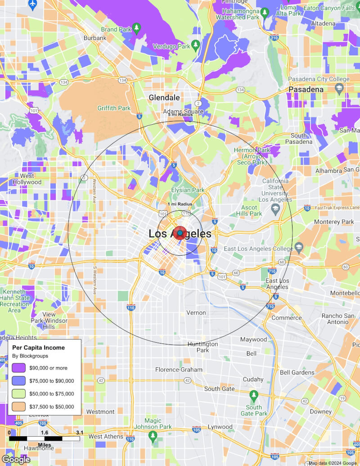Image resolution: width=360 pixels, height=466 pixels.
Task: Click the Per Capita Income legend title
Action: pos(38,348)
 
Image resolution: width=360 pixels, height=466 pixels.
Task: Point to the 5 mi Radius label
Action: pos(180,115)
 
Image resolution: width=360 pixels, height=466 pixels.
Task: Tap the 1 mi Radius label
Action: pos(180,204)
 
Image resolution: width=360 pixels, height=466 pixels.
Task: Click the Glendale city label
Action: pos(164,98)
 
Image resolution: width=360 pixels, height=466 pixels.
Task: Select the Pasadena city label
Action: pos(306,90)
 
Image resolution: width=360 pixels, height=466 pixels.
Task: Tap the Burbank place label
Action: pos(95,38)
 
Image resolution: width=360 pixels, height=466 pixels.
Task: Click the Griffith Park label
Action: pos(114,108)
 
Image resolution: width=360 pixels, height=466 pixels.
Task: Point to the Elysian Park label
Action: pos(188,190)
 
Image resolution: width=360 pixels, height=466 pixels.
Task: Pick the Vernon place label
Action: pos(196,312)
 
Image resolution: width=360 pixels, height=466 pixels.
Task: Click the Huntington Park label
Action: pos(203,347)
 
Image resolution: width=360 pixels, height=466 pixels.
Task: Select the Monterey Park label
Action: pos(334,222)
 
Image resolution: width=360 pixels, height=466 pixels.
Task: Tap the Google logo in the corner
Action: pos(16,460)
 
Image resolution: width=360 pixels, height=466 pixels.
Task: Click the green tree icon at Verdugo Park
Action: pos(195,44)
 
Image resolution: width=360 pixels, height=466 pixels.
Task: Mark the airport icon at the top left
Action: pos(32,4)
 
